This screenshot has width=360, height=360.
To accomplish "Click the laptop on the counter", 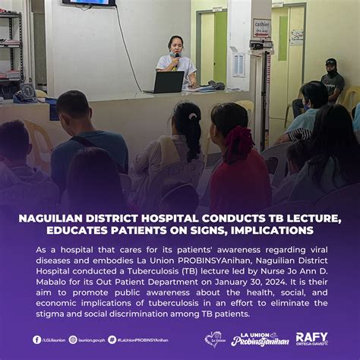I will (x=168, y=81).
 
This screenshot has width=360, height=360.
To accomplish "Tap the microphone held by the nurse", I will (x=177, y=56).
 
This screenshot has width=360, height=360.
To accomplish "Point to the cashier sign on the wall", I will (x=261, y=25).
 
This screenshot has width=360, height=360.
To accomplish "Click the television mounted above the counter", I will (x=90, y=3).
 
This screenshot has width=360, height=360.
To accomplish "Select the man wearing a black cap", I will (x=331, y=80).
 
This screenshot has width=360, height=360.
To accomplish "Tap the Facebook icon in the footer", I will (x=36, y=339).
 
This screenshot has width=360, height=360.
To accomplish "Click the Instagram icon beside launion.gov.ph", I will (x=73, y=339).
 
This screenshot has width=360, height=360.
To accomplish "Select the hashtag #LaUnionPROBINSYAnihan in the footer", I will (x=141, y=339).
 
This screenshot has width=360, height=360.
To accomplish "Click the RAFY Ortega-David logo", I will (x=311, y=339).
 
